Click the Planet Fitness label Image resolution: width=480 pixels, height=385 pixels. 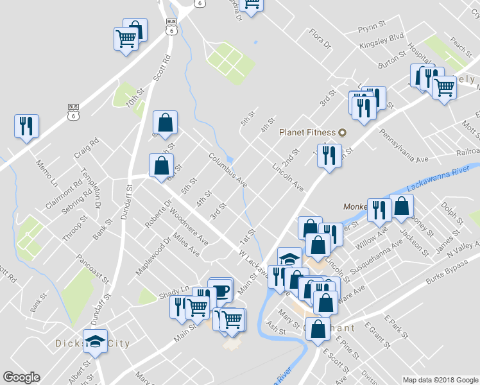307,133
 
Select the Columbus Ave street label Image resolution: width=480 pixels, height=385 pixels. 228,169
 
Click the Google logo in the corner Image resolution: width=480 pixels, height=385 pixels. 21,377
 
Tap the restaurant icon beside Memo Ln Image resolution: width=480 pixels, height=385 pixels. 26,126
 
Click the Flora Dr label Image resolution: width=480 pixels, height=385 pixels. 320,39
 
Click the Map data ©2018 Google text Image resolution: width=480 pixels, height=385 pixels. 440,380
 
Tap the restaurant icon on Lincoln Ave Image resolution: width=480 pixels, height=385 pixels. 329,155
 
